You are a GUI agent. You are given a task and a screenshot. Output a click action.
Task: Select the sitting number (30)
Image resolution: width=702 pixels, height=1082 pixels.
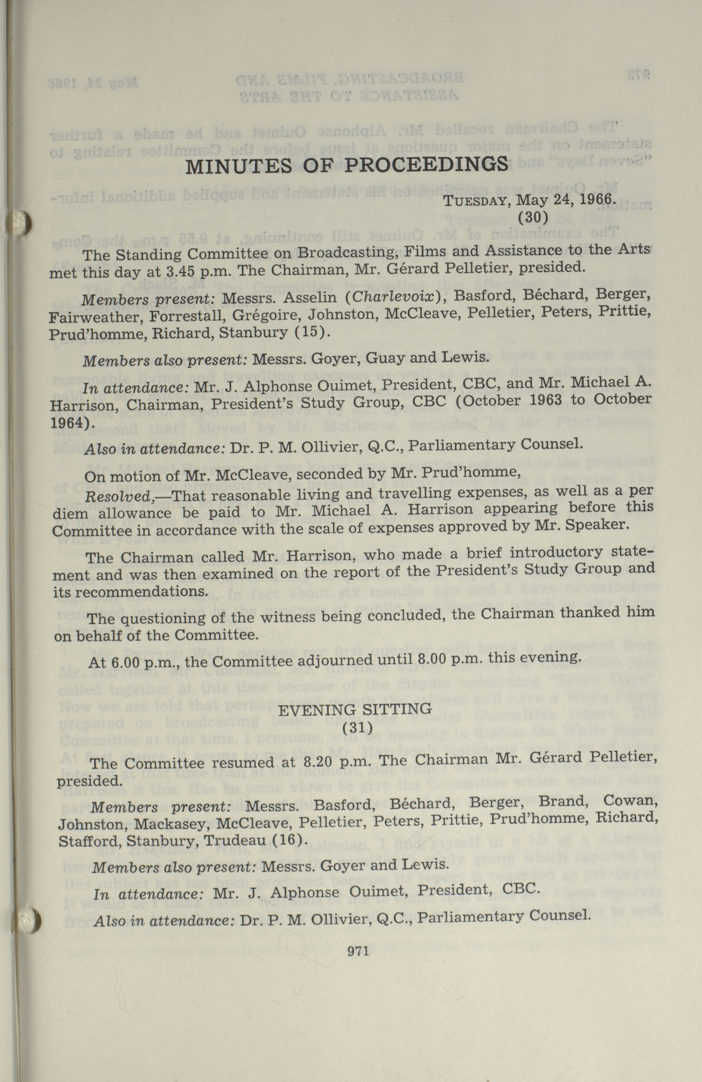533,217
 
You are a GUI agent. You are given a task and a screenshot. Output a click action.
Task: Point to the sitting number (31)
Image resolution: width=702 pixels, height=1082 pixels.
358,728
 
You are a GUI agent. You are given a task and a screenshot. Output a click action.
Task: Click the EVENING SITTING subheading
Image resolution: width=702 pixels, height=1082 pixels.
354,709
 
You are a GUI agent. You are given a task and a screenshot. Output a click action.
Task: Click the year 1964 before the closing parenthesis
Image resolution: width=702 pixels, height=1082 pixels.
67,423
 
